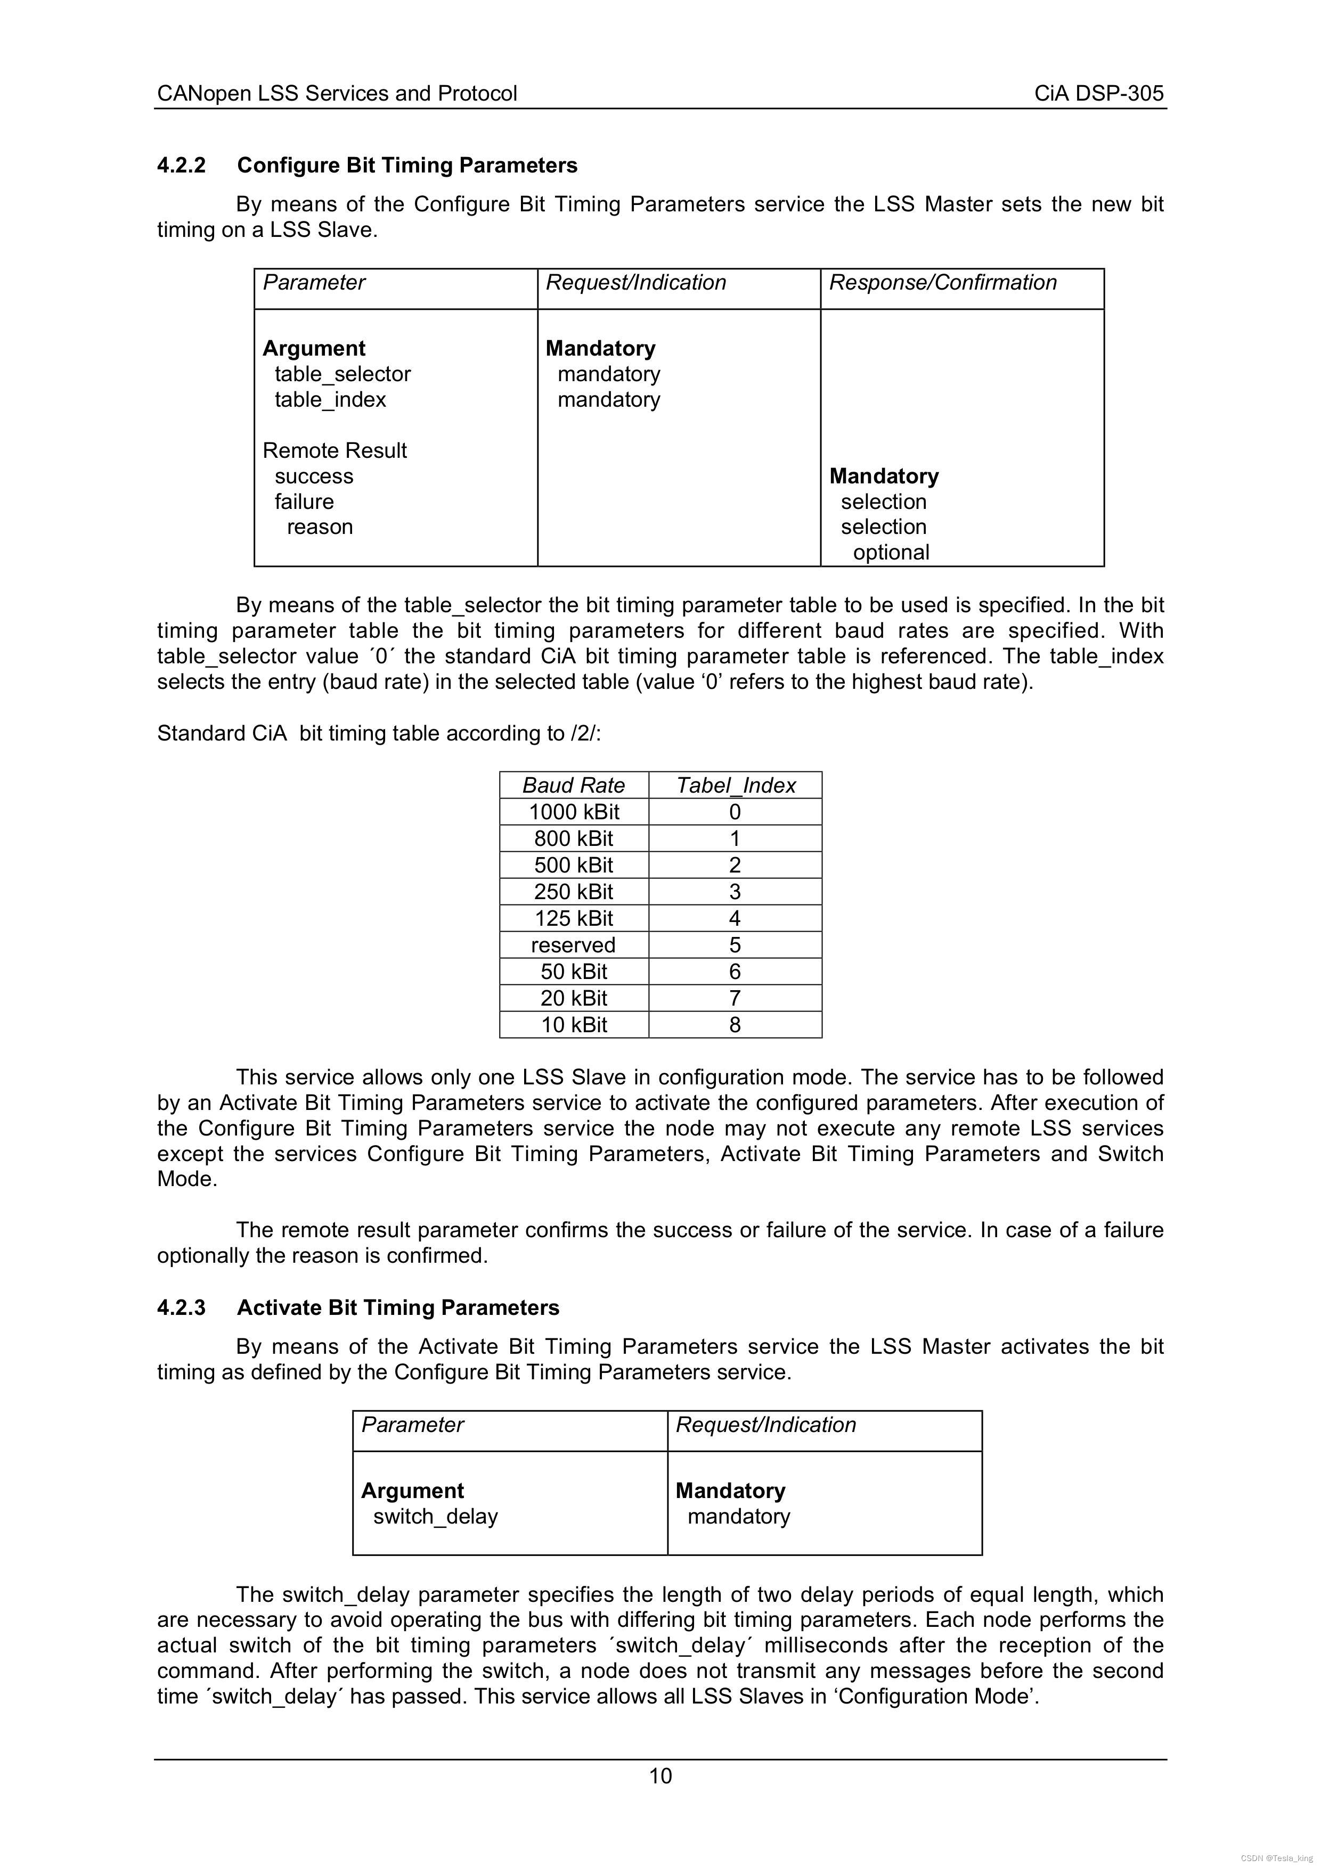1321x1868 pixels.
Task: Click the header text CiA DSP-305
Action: click(x=1099, y=94)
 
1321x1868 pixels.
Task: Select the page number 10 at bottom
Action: click(x=660, y=1775)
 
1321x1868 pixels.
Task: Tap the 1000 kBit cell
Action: click(x=574, y=812)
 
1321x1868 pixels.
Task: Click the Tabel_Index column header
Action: click(x=736, y=785)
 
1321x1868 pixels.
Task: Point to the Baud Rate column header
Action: click(x=574, y=785)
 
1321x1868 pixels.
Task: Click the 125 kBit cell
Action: click(x=574, y=918)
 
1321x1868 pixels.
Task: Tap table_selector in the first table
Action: click(x=343, y=374)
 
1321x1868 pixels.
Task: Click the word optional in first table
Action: click(x=891, y=553)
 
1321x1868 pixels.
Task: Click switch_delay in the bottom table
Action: click(x=435, y=1517)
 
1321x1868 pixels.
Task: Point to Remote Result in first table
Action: click(x=335, y=451)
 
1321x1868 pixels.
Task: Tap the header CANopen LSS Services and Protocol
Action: click(x=337, y=94)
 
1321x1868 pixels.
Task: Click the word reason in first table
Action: click(x=320, y=527)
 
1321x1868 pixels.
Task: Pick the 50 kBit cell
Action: click(x=574, y=972)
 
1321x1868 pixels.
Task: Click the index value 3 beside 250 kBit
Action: click(x=735, y=892)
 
